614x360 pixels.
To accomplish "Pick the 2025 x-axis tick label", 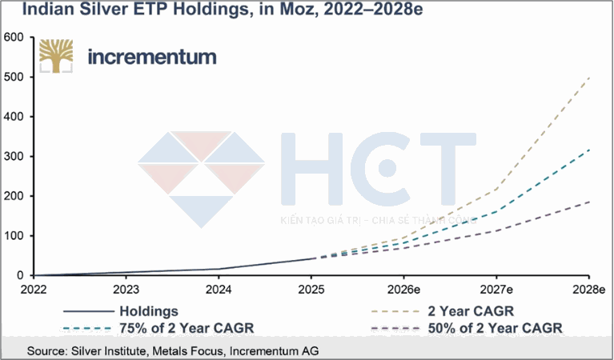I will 311,289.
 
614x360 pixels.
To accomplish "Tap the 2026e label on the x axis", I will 403,289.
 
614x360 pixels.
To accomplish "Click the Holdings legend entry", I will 149,310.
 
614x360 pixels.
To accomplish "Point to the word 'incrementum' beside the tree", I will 151,58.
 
